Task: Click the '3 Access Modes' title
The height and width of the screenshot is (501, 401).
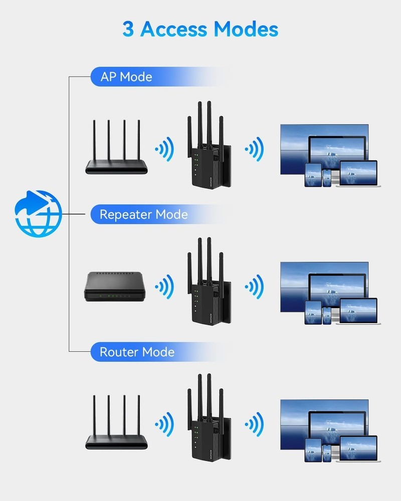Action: coord(200,29)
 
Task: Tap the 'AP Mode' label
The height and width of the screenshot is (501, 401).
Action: coord(126,77)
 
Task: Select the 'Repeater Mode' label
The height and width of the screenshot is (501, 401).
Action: coord(143,214)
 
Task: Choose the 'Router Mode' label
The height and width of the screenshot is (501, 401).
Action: coord(137,352)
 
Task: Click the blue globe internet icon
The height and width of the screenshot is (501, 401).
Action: coord(38,213)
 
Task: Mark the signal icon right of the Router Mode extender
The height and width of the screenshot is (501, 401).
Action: coord(254,424)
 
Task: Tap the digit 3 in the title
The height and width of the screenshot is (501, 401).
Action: coord(128,29)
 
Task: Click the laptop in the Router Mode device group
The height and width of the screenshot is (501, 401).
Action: coord(358,449)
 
